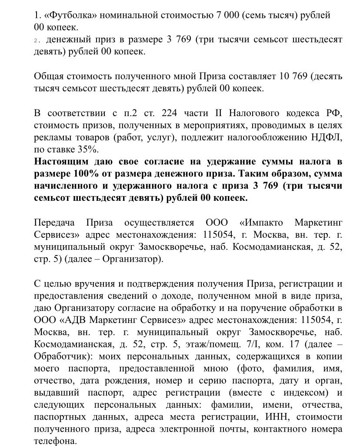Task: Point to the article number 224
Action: click(171, 114)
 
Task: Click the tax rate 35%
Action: click(87, 150)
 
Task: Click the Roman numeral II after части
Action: click(216, 114)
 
